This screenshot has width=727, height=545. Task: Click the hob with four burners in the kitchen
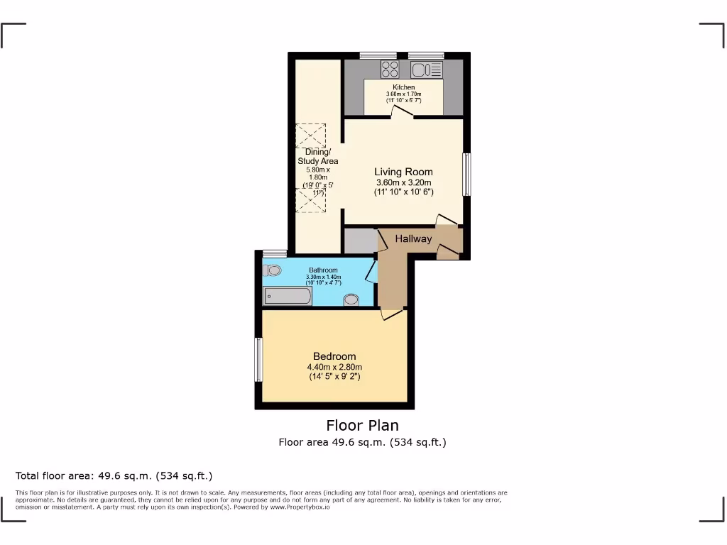coord(390,69)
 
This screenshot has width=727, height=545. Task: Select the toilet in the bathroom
coord(272,270)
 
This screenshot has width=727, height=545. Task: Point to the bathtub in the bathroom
coord(287,296)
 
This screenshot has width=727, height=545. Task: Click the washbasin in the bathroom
coord(351,300)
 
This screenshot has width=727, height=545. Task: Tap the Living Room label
coord(403,172)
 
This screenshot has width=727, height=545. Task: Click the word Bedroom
coord(334,356)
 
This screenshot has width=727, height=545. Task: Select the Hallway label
coord(413,238)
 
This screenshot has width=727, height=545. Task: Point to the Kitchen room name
coord(403,87)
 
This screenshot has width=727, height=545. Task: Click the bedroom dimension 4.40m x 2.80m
coord(334,367)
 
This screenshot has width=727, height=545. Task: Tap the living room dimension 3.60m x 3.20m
coord(403,182)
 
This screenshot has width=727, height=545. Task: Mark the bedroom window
coord(258,360)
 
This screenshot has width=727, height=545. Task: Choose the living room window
coord(466,175)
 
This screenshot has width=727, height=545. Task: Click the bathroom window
coord(275,253)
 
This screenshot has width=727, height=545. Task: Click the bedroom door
coord(390,313)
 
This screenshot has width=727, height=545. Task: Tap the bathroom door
coord(371,272)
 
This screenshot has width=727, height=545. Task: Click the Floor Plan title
coord(362,425)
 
